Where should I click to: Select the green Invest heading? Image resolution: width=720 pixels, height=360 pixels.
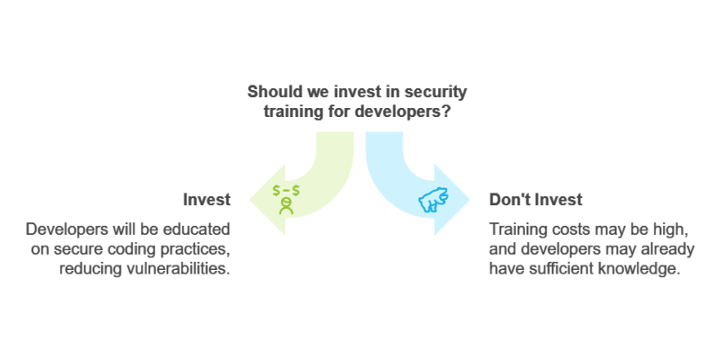click(207, 200)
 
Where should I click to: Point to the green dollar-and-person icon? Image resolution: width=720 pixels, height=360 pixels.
click(286, 199)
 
